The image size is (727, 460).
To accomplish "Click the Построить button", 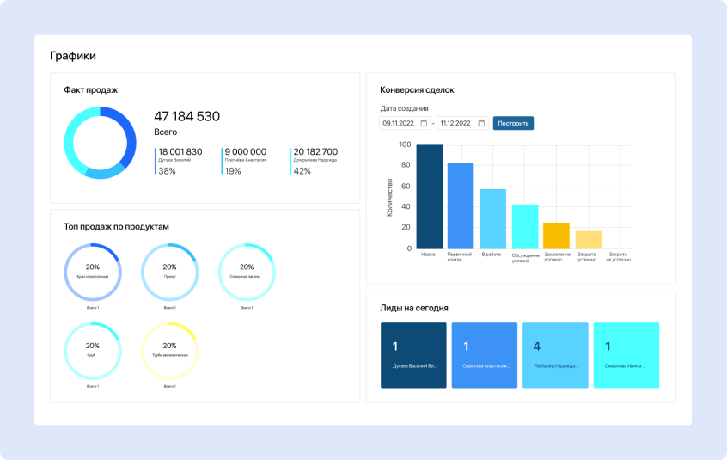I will pyautogui.click(x=513, y=123).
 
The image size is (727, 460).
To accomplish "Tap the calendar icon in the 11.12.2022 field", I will pyautogui.click(x=481, y=123).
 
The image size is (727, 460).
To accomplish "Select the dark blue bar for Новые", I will pyautogui.click(x=429, y=197).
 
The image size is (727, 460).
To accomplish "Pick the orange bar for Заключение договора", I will pyautogui.click(x=556, y=236).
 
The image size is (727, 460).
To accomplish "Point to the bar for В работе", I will pyautogui.click(x=492, y=219).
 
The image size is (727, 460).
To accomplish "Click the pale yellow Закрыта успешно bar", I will pyautogui.click(x=589, y=240).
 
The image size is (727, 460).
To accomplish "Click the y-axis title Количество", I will pyautogui.click(x=389, y=197).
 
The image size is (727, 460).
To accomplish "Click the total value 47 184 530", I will pyautogui.click(x=186, y=116).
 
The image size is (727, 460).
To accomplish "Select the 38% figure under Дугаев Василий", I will pyautogui.click(x=167, y=171).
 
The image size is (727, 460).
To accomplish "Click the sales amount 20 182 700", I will pyautogui.click(x=315, y=151).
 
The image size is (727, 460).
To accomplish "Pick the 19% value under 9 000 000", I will pyautogui.click(x=233, y=171).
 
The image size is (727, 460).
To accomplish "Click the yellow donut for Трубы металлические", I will pyautogui.click(x=169, y=350).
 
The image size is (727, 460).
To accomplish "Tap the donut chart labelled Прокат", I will pyautogui.click(x=169, y=271).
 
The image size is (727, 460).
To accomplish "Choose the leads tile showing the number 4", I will pyautogui.click(x=555, y=355).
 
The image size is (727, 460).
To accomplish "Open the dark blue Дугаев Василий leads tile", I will pyautogui.click(x=413, y=355).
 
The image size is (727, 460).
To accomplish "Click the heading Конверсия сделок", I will pyautogui.click(x=417, y=89).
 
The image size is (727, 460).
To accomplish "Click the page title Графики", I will pyautogui.click(x=73, y=56).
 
